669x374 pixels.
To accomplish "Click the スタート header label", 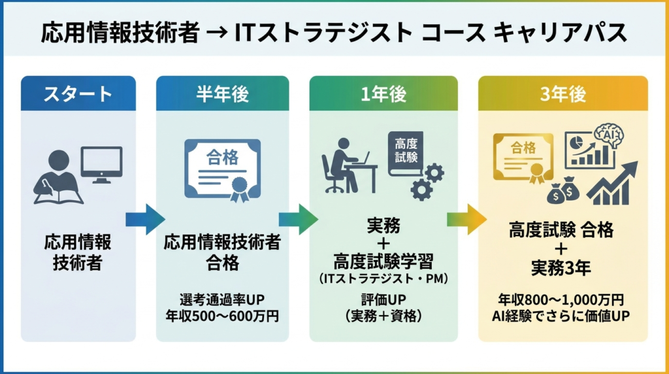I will tap(78, 93).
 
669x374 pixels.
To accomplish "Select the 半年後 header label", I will tap(223, 93).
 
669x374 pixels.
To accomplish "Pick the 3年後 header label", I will tap(563, 93).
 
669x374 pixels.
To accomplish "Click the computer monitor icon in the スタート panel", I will tap(101, 163).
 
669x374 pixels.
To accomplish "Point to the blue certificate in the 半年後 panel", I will tap(222, 168).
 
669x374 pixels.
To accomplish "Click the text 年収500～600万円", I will tap(222, 316).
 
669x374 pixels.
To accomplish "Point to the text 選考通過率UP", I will tap(222, 300).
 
